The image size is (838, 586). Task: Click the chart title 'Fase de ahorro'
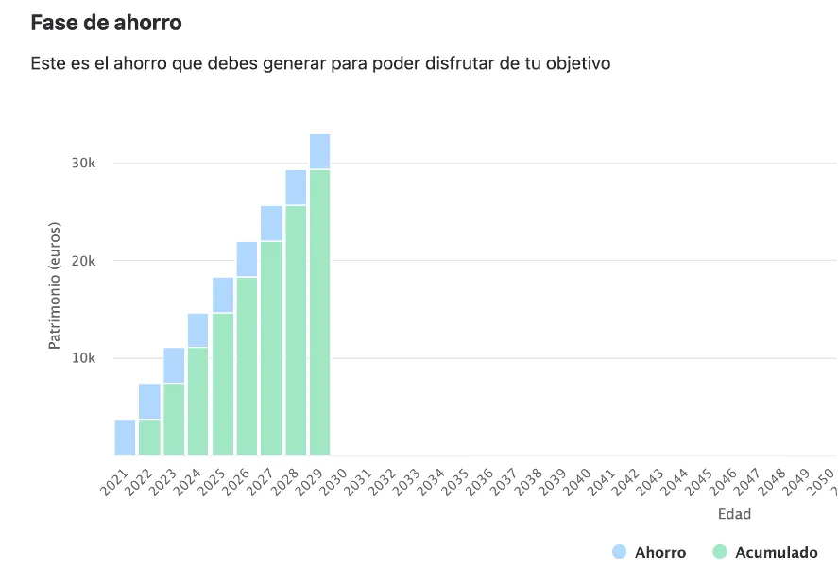point(106,23)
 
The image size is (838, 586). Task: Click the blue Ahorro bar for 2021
point(125,437)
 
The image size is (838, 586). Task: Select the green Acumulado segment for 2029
point(319,312)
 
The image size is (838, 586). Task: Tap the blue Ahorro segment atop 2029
point(319,151)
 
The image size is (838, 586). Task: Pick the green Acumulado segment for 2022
point(149,437)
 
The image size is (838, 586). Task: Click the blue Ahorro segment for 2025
point(223,295)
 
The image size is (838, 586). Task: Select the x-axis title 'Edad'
point(734,514)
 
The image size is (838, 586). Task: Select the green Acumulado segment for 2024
point(198,401)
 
